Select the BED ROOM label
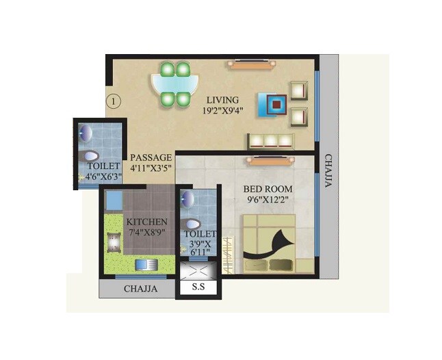click(269, 189)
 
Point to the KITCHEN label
click(146, 222)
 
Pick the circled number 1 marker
click(114, 101)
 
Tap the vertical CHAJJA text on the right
click(329, 175)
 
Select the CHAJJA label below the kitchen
click(140, 289)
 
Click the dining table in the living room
click(174, 84)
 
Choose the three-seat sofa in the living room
click(270, 140)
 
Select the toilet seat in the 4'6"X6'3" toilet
click(90, 156)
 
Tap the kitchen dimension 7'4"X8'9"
click(146, 233)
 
